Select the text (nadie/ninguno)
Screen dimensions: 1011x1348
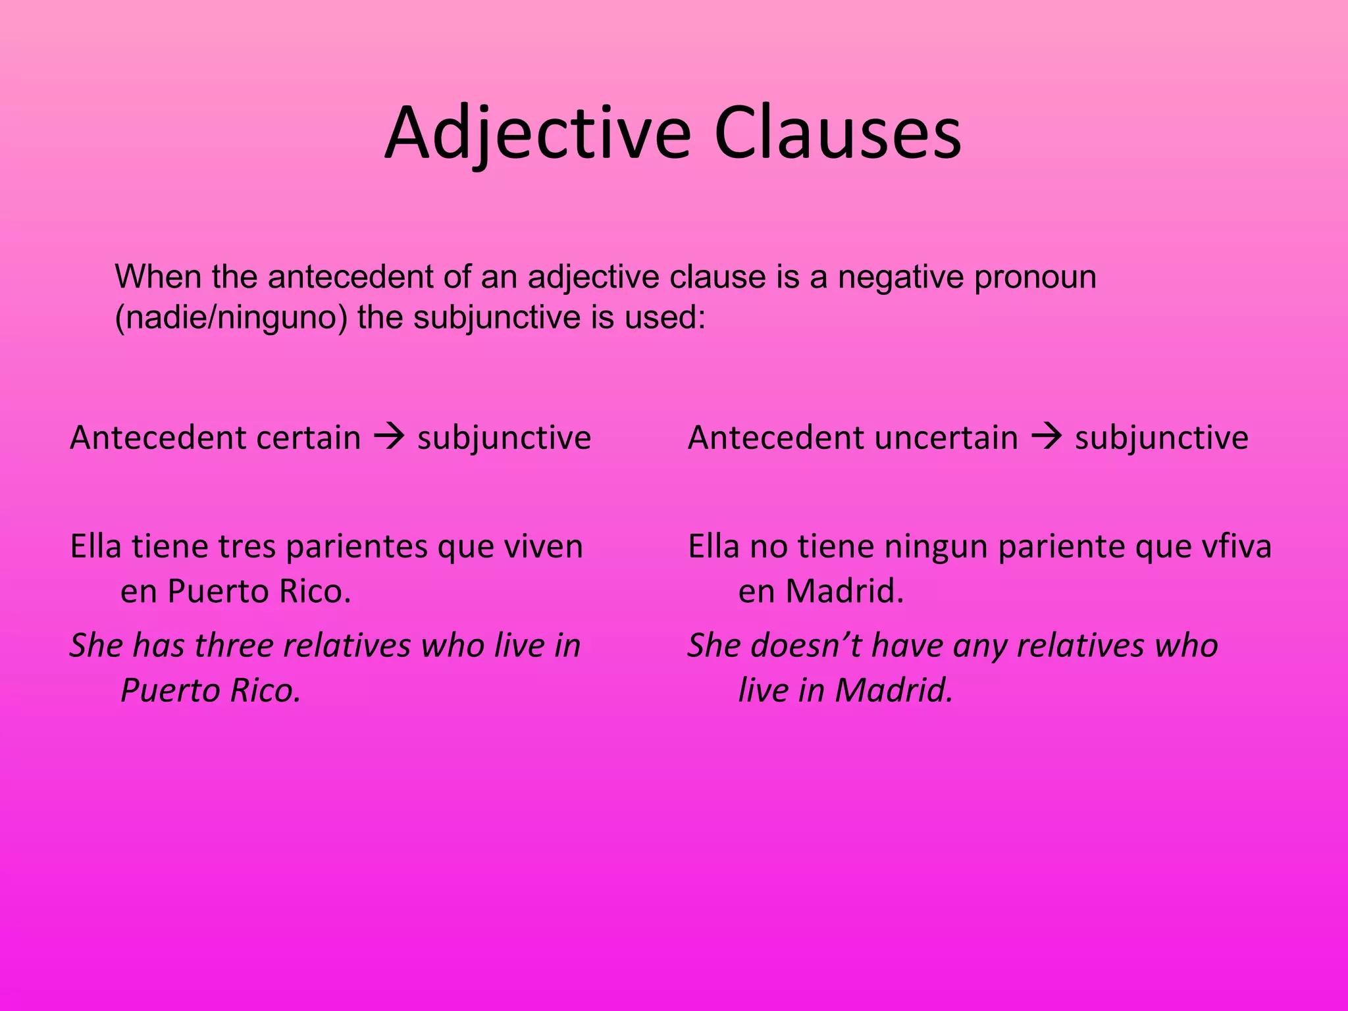pos(231,318)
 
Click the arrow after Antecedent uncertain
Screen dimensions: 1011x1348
pos(1046,437)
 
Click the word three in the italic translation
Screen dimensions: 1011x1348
pos(234,645)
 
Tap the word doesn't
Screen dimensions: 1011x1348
pos(806,645)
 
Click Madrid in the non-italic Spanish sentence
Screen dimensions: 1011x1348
pos(845,591)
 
